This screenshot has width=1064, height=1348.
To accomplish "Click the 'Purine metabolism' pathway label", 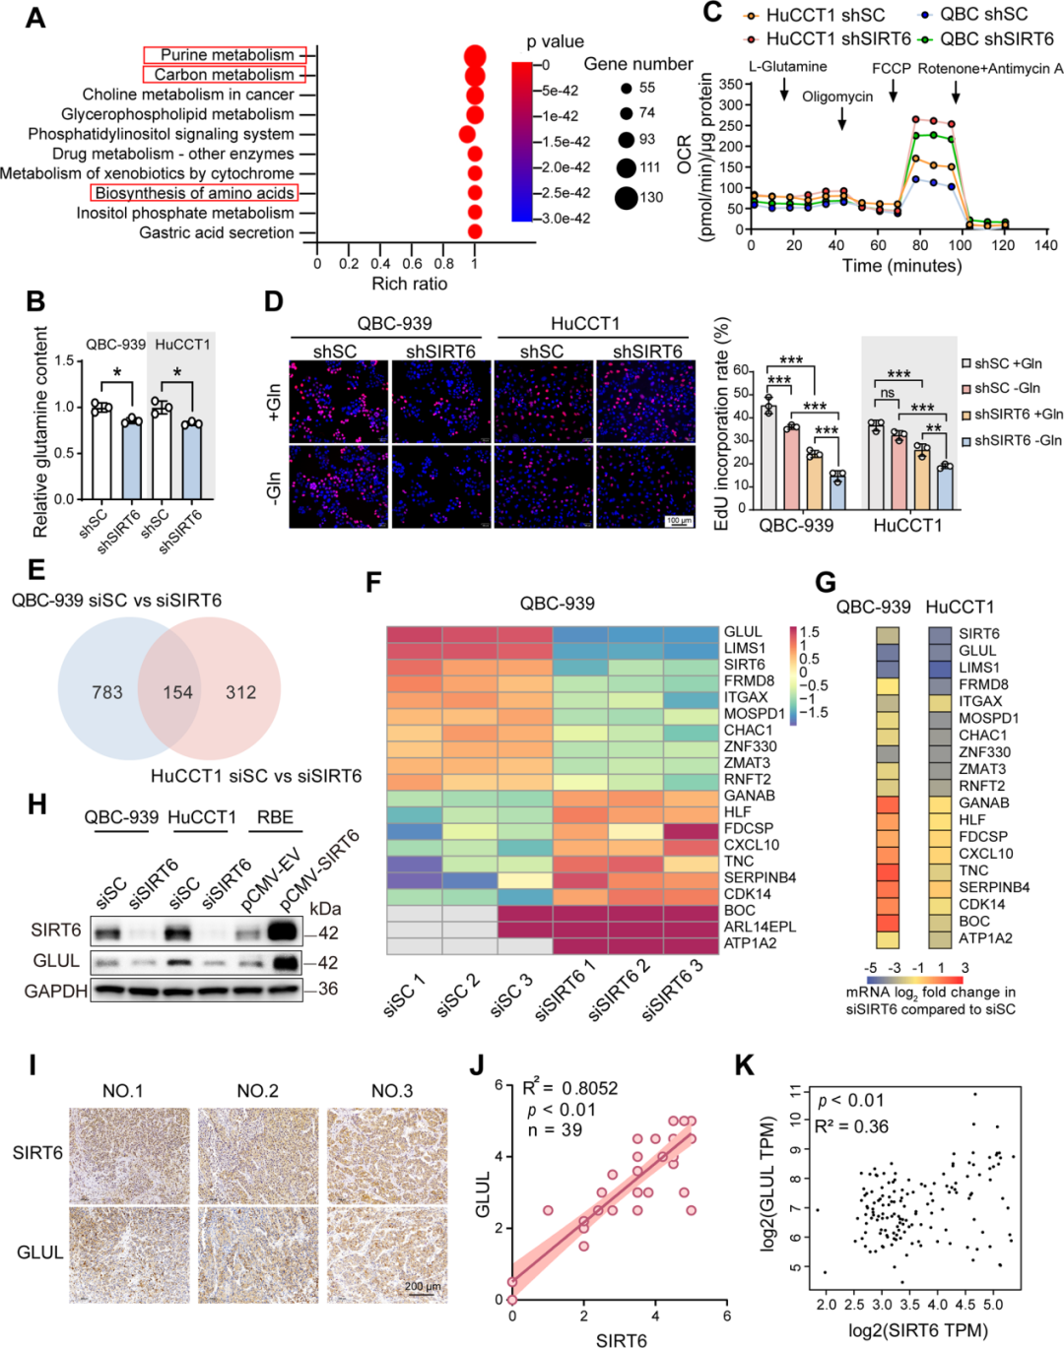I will [x=227, y=55].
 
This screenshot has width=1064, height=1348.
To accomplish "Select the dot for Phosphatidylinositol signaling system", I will [x=467, y=134].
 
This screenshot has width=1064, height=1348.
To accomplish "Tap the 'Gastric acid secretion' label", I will [x=217, y=233].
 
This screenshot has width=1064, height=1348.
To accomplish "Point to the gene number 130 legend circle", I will [x=626, y=198].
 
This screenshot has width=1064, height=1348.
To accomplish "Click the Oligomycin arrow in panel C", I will [x=842, y=119].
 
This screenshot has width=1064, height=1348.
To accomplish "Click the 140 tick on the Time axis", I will [x=1045, y=245].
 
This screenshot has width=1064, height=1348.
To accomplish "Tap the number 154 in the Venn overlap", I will [x=177, y=693].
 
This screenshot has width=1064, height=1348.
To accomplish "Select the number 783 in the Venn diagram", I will [x=107, y=693].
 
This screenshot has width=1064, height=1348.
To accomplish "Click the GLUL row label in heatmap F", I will [x=743, y=632].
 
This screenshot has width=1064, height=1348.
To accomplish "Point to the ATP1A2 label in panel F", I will [x=750, y=943].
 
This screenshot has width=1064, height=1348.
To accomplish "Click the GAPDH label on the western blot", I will [x=56, y=991].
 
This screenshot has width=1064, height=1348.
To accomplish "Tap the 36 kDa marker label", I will [x=328, y=989].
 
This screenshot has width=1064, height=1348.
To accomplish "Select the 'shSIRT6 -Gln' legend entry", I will [x=1018, y=440].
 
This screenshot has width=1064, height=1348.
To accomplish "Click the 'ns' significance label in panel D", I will [x=887, y=393].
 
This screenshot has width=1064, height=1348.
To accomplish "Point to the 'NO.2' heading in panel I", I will [x=257, y=1091].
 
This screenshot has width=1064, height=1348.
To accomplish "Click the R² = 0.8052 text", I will [x=569, y=1088].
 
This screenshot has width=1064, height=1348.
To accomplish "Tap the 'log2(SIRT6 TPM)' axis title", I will [x=917, y=1330].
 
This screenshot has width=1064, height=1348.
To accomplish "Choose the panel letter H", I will [x=36, y=804].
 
